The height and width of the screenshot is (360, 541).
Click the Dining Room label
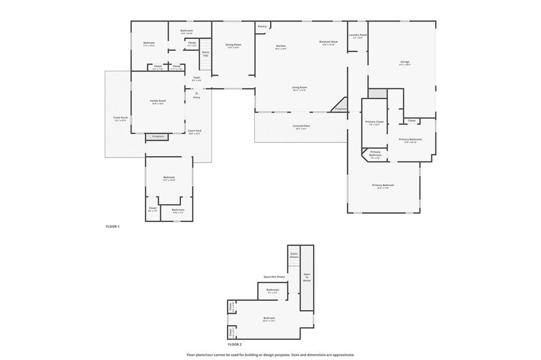coord(233,45)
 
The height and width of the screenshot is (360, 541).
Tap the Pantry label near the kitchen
coord(262,26)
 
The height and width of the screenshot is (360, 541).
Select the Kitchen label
coord(281,46)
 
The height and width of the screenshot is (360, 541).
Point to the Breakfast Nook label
coord(328,42)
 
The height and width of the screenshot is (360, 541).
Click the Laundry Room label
coord(358,35)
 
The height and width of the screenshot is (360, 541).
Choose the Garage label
coord(405,62)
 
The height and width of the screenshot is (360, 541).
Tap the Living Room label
coord(300,88)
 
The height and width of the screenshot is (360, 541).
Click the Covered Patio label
coord(301,126)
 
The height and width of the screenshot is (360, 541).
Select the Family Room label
coord(158,101)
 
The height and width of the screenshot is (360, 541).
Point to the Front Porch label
coord(120,118)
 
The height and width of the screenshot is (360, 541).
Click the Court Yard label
coord(194,131)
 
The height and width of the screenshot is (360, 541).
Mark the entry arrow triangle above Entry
coord(197,93)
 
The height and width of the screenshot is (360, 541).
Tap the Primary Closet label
coord(375,122)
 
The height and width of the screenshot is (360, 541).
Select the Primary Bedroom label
coord(383,185)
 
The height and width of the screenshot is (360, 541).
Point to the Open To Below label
coord(307,278)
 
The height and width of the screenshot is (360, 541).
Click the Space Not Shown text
coord(275,277)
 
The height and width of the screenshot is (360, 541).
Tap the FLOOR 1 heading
coord(113,226)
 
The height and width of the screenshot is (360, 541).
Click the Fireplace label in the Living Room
coord(341,109)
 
